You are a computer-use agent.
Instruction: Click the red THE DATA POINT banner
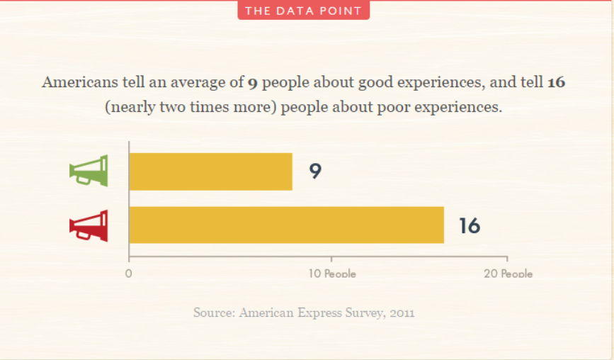(303, 11)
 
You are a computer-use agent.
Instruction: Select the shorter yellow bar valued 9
(210, 171)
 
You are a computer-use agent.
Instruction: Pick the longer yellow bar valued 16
(286, 225)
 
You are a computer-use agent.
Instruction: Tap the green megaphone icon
(89, 171)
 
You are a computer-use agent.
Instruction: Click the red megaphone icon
(89, 226)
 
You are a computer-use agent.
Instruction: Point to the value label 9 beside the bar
(315, 171)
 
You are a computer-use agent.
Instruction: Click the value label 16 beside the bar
(469, 226)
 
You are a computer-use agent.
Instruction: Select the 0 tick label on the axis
(129, 274)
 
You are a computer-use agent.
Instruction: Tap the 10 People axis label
(332, 274)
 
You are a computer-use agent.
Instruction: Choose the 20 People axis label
(508, 274)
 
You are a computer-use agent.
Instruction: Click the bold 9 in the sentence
(252, 83)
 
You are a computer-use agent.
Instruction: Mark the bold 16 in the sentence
(556, 82)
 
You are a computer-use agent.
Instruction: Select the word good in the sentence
(377, 82)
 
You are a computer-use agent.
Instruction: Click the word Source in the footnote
(212, 312)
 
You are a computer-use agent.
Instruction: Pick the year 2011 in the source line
(400, 312)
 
